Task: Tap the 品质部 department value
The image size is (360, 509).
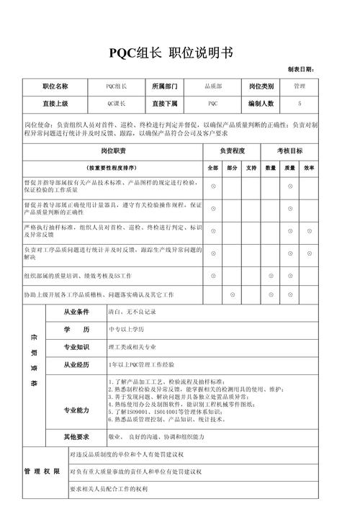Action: (212, 86)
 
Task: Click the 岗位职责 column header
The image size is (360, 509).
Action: (113, 150)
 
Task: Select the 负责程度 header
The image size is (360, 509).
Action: (232, 150)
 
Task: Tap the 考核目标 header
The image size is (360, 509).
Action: (290, 150)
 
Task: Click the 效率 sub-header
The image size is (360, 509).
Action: (309, 168)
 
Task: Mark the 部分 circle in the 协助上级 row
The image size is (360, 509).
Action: (232, 295)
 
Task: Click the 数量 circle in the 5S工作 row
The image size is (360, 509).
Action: (271, 276)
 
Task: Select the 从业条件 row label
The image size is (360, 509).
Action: (76, 312)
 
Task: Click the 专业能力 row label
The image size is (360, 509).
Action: (76, 410)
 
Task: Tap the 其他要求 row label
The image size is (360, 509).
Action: (76, 436)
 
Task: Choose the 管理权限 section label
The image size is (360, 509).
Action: (36, 472)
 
